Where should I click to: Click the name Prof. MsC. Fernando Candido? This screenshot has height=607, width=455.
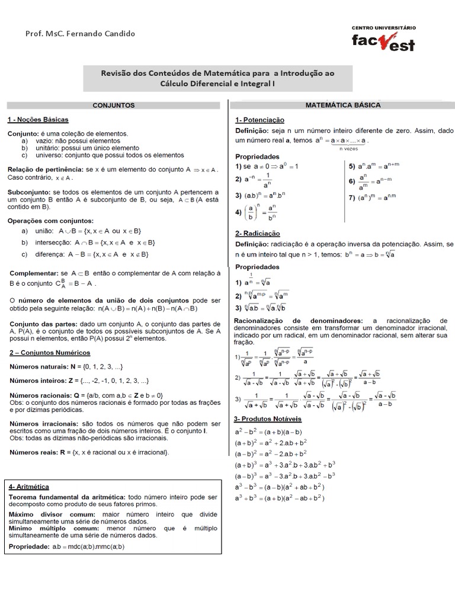click(x=81, y=34)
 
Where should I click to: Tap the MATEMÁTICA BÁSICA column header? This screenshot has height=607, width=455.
click(x=342, y=105)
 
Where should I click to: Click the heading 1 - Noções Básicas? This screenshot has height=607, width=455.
click(x=38, y=119)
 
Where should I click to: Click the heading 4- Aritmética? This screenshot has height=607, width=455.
click(x=29, y=486)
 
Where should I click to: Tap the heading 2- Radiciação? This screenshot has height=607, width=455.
click(x=258, y=233)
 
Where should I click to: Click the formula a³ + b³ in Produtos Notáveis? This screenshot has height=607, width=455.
click(x=280, y=497)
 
